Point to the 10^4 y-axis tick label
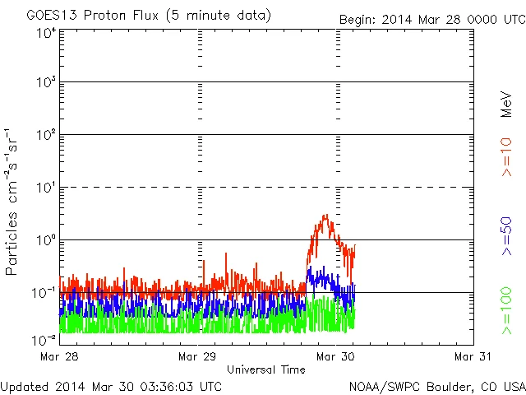46,33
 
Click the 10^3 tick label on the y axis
46,84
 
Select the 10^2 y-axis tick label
46,137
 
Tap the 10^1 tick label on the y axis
46,189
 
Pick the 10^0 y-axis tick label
46,242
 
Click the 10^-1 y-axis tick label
44,294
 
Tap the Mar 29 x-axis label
198,356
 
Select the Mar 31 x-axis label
474,356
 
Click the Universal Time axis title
266,369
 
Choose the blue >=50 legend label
506,235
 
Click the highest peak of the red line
325,216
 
